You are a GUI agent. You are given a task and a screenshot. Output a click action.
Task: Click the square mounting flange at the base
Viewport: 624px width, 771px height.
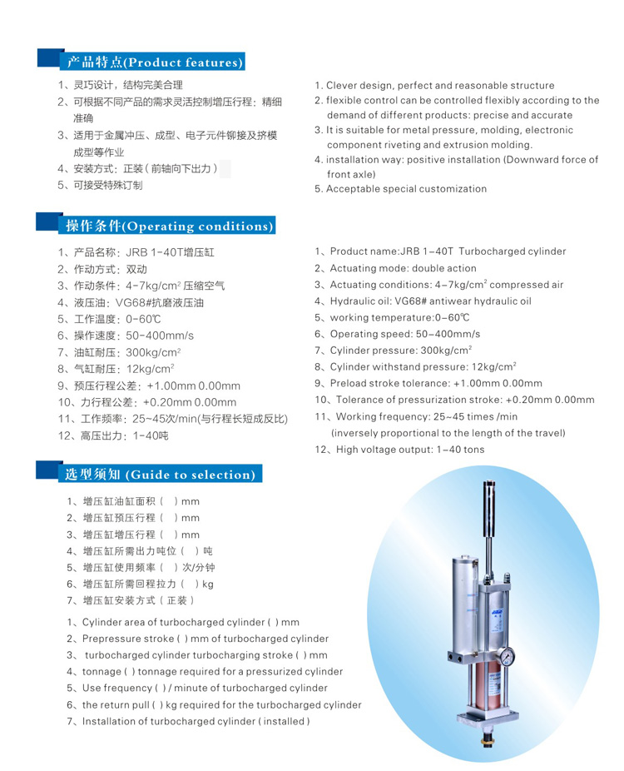[488, 718]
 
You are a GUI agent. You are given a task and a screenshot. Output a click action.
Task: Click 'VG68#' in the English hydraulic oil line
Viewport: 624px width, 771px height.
[423, 301]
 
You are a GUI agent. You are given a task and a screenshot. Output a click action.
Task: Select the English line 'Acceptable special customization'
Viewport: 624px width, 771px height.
[401, 189]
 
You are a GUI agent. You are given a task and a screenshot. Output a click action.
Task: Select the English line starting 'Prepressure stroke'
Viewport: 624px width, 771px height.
[198, 639]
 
